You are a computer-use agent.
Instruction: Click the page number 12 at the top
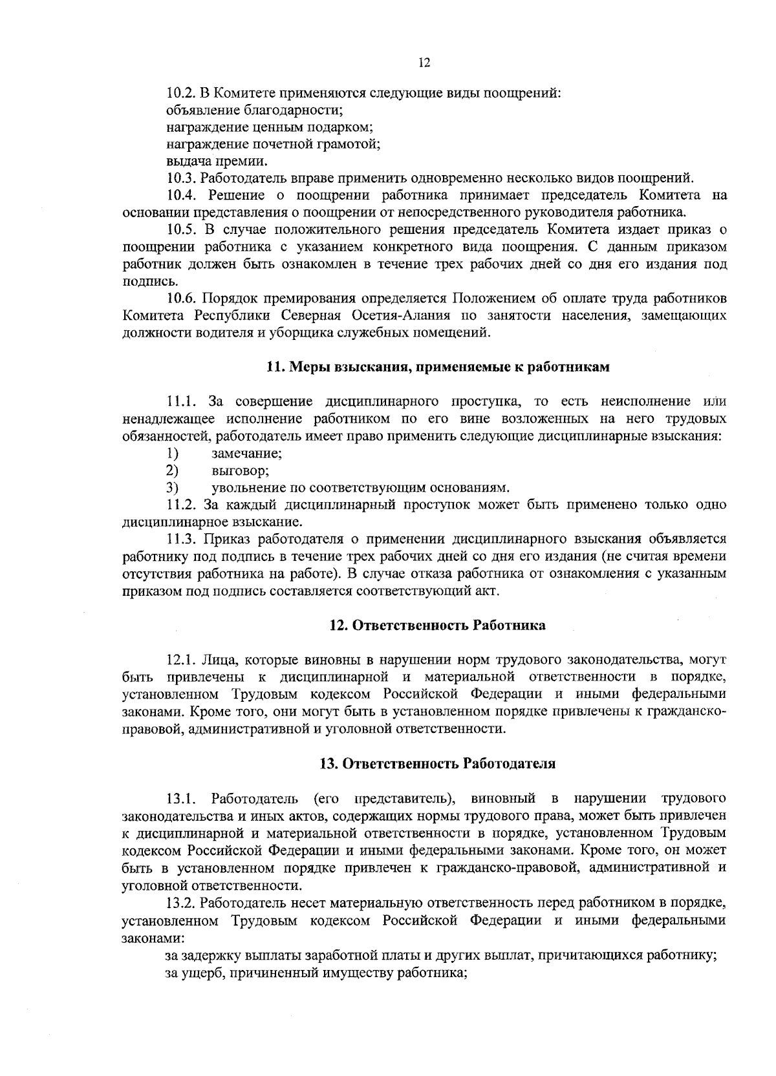(x=424, y=63)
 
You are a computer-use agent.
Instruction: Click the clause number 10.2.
(x=181, y=93)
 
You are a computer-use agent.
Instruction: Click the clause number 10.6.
(x=181, y=298)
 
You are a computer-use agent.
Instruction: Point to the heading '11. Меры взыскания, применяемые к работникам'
(x=438, y=367)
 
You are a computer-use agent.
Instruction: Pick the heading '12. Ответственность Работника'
(x=438, y=625)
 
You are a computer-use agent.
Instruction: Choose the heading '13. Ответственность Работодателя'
(x=438, y=763)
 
